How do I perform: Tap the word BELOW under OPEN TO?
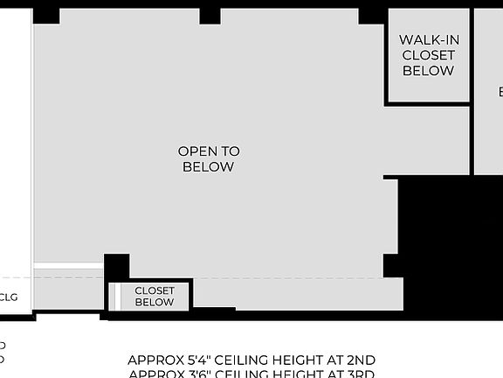(x=208, y=167)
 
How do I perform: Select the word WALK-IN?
(x=429, y=39)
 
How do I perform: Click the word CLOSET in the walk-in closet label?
(x=428, y=55)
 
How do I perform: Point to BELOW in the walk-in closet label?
(x=428, y=71)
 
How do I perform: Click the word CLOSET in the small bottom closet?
(x=155, y=290)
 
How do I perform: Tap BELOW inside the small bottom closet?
(x=155, y=303)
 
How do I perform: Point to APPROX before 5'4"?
(x=151, y=360)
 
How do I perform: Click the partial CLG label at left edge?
(x=8, y=297)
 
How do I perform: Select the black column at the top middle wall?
(x=210, y=15)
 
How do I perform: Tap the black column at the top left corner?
(x=46, y=15)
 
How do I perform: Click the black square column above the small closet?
(x=116, y=267)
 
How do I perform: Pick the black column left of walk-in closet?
(x=371, y=15)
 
